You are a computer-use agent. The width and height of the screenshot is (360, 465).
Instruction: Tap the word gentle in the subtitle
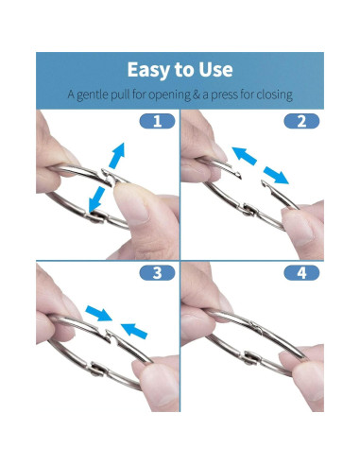tap(97, 95)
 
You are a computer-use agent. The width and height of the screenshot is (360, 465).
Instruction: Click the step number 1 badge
tap(157, 121)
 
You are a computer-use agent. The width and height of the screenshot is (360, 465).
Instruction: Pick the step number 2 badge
tap(301, 121)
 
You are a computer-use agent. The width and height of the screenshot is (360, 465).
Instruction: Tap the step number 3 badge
tap(157, 273)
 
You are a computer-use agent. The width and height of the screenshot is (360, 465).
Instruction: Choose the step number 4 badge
tap(301, 273)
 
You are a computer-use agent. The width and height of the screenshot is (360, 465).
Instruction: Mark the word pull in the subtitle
tap(129, 95)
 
